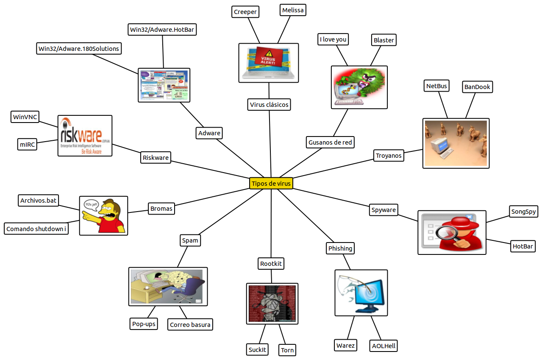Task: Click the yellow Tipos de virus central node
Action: coord(271,183)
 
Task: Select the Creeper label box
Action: coord(245,12)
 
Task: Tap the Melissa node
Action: coord(293,10)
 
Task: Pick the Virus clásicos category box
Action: coord(269,104)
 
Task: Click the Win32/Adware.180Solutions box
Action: coord(79,48)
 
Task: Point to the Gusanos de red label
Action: coord(330,142)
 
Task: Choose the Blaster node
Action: coord(384,40)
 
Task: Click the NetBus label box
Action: coord(436,86)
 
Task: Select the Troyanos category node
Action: coord(389,156)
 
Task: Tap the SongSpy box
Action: coord(524,212)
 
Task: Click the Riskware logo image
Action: coord(85,136)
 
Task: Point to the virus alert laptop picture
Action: coord(269,62)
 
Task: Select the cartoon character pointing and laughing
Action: coord(104,215)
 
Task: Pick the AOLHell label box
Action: coord(384,346)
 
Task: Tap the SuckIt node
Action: coord(257,349)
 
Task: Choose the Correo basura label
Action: coord(190,325)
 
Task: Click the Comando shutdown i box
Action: coord(36,229)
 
